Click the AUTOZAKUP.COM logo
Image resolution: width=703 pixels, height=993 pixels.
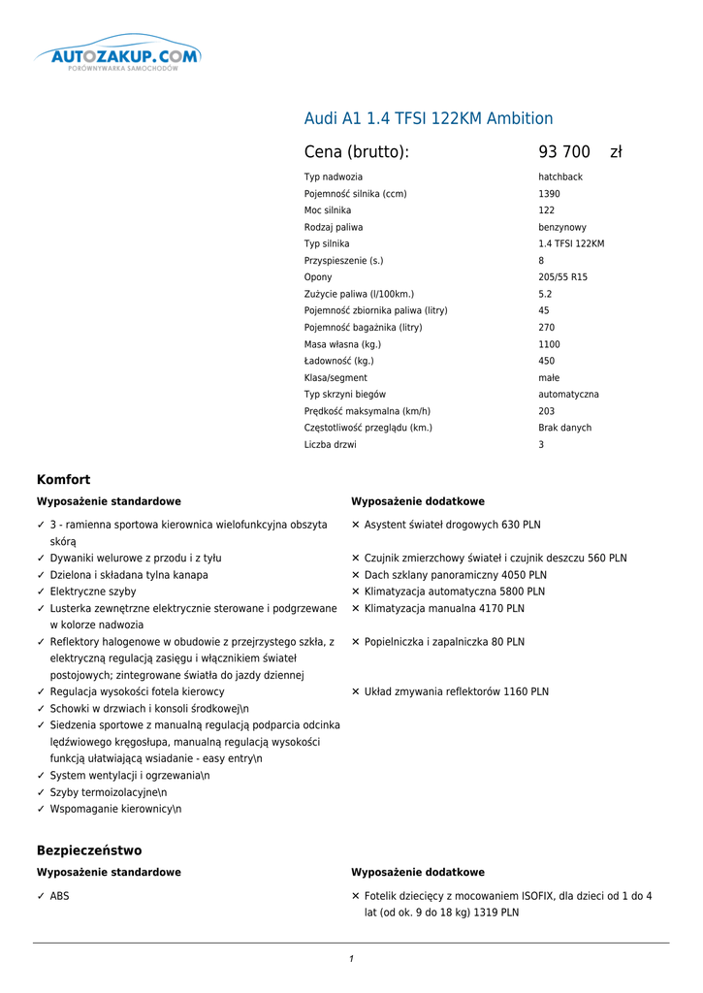pyautogui.click(x=118, y=56)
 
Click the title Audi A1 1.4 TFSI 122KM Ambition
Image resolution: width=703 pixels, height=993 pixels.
pyautogui.click(x=429, y=118)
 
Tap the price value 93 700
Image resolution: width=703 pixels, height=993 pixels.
pyautogui.click(x=564, y=152)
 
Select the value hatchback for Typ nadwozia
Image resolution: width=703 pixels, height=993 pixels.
pyautogui.click(x=560, y=177)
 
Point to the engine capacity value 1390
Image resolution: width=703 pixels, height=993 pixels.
pyautogui.click(x=549, y=194)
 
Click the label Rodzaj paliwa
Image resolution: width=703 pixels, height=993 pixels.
pyautogui.click(x=334, y=228)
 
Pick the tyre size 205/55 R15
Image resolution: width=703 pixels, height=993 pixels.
pyautogui.click(x=562, y=277)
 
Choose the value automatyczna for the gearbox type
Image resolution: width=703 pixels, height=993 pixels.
pyautogui.click(x=568, y=395)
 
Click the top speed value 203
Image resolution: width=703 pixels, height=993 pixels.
pyautogui.click(x=547, y=411)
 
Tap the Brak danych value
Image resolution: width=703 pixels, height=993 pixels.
pyautogui.click(x=564, y=428)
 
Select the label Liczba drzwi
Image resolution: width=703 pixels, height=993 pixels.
pyautogui.click(x=330, y=445)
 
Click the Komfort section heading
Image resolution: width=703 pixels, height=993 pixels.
pyautogui.click(x=63, y=480)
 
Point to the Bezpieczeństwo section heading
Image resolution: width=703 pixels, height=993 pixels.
pyautogui.click(x=89, y=850)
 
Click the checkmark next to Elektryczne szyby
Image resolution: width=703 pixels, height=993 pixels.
pyautogui.click(x=41, y=592)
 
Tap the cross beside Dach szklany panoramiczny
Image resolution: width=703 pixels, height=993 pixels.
pyautogui.click(x=356, y=575)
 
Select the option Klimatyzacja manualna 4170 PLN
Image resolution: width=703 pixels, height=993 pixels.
pyautogui.click(x=444, y=609)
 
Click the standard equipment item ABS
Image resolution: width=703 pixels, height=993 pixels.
pyautogui.click(x=59, y=897)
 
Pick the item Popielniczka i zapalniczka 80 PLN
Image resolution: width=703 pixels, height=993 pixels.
pyautogui.click(x=444, y=642)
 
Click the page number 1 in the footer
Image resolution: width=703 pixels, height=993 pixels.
pyautogui.click(x=351, y=959)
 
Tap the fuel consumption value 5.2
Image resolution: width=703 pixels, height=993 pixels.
pyautogui.click(x=545, y=294)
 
